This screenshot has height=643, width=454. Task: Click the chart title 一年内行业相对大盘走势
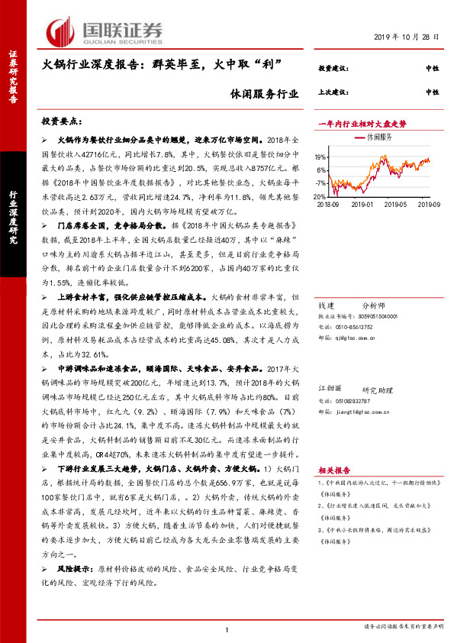[361, 123]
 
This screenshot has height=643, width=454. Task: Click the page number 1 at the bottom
[227, 629]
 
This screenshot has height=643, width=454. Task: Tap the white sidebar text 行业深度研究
[13, 213]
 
